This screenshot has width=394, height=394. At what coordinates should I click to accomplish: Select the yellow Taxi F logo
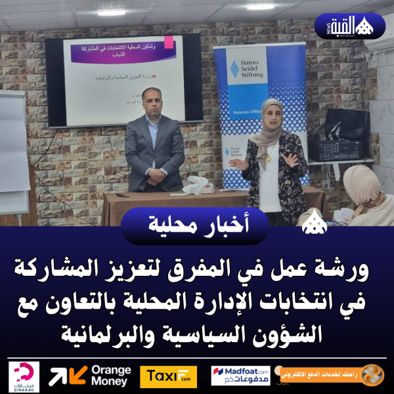point(168,376)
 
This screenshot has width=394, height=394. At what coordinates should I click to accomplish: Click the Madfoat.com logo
point(240,376)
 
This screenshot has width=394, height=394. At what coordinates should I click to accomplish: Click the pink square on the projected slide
point(169,42)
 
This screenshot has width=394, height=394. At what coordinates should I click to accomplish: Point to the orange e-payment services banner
point(328,376)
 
